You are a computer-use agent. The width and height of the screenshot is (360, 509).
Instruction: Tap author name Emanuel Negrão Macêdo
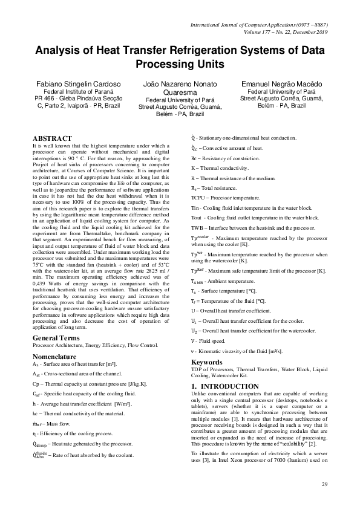point(282,83)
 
